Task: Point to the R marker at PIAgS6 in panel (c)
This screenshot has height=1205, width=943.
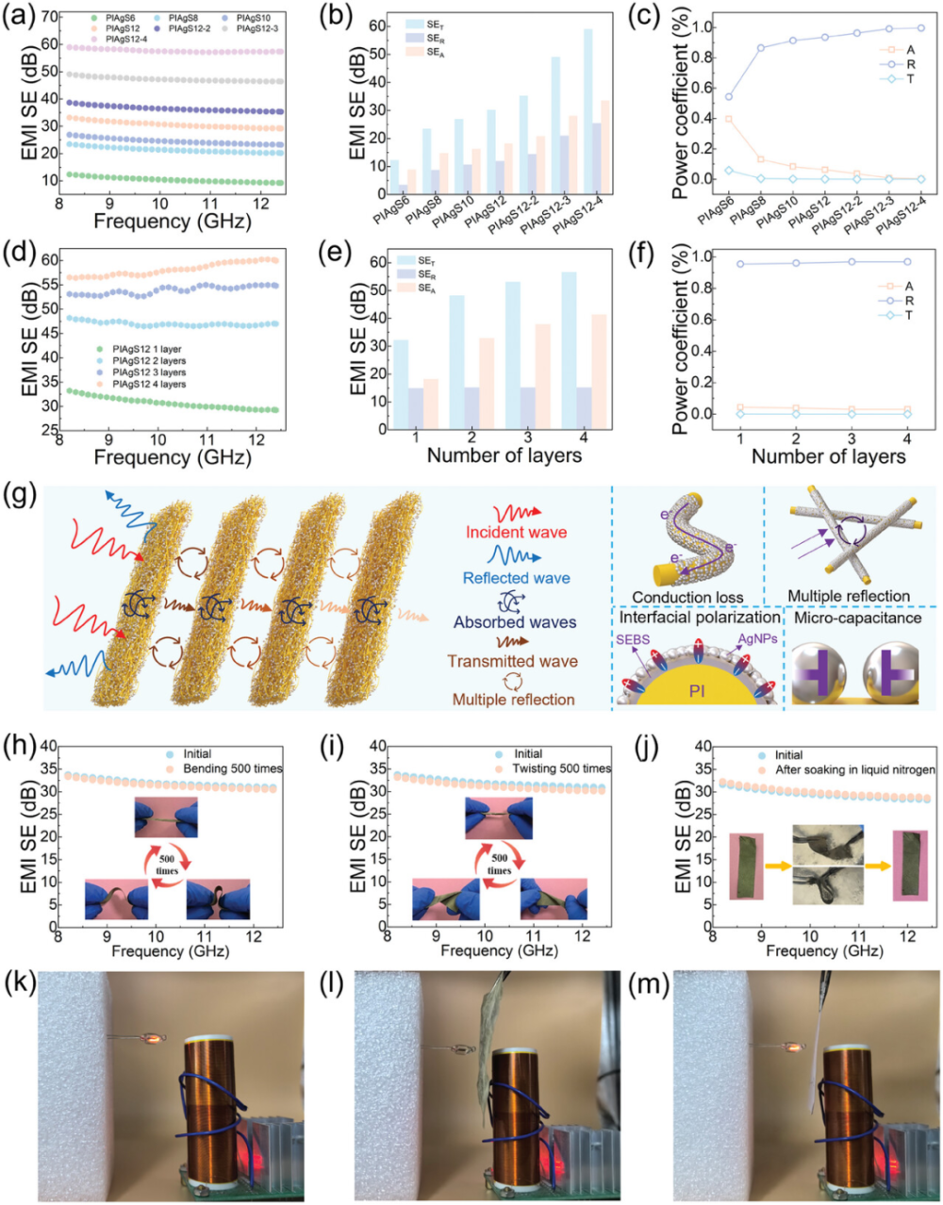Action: point(702,96)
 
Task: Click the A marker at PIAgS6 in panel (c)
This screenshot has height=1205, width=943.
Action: point(702,119)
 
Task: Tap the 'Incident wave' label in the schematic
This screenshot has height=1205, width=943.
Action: point(516,533)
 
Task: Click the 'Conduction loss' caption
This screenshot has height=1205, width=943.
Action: point(687,597)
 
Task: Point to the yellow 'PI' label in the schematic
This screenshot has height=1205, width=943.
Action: point(697,691)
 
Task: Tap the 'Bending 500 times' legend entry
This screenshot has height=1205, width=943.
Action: point(232,768)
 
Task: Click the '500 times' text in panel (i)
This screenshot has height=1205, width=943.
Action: point(499,864)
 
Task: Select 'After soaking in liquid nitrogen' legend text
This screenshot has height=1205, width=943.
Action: point(854,769)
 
